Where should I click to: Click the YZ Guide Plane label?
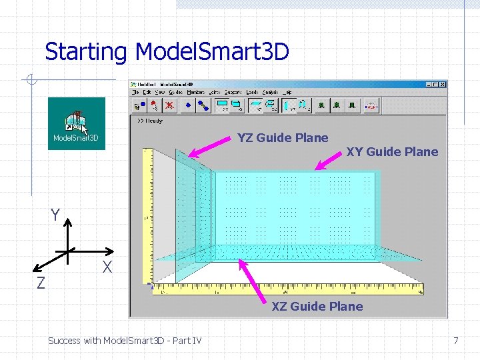tap(283, 138)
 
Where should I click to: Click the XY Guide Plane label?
tap(392, 152)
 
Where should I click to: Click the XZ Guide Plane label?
tap(317, 307)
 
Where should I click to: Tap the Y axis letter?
tap(56, 215)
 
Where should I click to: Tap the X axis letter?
tap(106, 268)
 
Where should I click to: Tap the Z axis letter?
tap(41, 283)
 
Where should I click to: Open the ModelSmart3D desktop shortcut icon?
tap(76, 123)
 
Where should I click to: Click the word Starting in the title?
tap(85, 51)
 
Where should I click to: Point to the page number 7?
tap(455, 341)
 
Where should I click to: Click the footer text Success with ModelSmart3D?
tap(125, 341)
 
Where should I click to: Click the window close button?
tap(442, 85)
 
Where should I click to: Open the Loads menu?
tap(252, 92)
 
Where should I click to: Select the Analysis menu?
tap(271, 92)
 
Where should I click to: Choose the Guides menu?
tap(175, 92)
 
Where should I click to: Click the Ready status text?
tap(151, 121)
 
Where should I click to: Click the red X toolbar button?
tap(171, 105)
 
